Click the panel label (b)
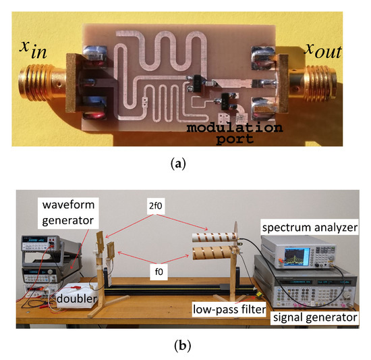click(185, 346)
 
